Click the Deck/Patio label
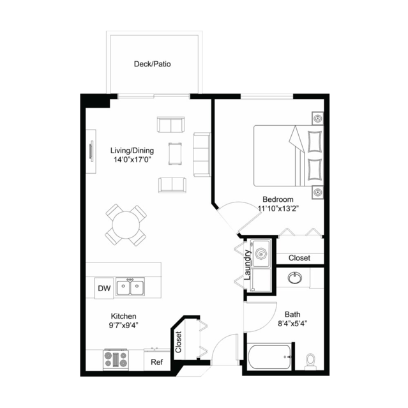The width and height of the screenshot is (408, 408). coord(152,64)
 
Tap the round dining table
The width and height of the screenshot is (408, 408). coord(126,224)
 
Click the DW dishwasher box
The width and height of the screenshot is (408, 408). coord(104,289)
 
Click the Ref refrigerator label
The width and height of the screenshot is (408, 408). coord(156,362)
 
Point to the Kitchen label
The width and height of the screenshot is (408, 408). coord(124,316)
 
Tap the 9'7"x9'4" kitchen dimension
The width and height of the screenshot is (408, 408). coord(124,325)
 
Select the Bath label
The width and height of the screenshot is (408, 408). coord(292,314)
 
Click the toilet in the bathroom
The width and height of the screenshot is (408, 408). coord(311,362)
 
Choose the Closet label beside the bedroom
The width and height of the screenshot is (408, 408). coord(299,258)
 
